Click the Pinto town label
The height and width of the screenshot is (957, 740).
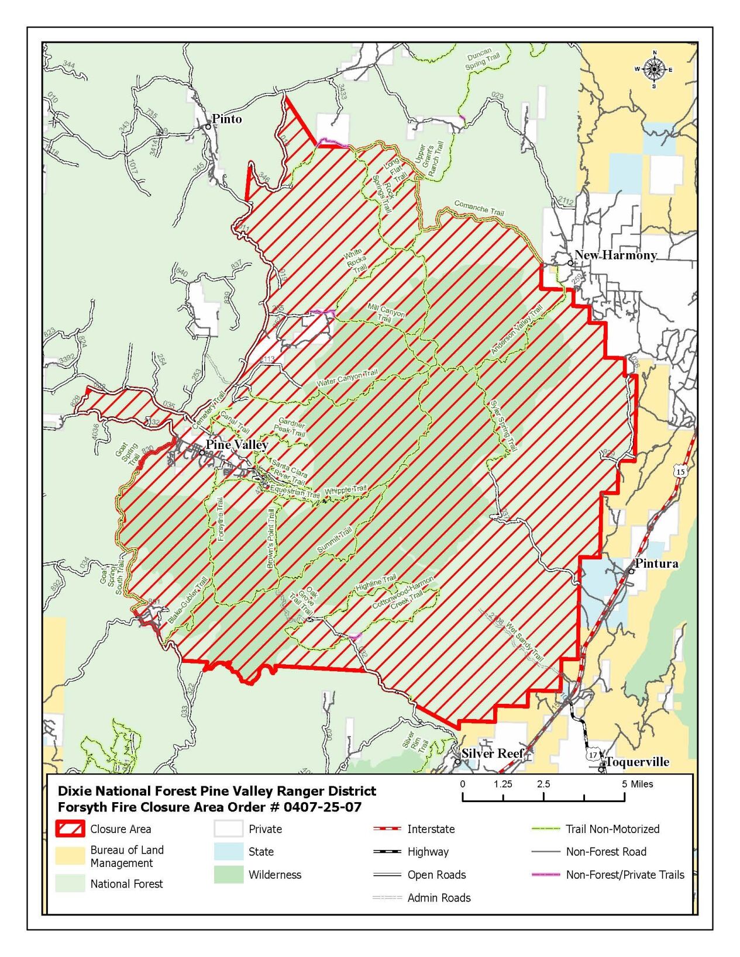pos(226,119)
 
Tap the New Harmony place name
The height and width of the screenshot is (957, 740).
pos(615,255)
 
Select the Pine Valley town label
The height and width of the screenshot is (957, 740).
pos(236,445)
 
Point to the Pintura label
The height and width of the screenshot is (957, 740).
pos(656,564)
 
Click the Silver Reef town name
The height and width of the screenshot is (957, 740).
pos(492,754)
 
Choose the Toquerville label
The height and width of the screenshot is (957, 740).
pos(637,762)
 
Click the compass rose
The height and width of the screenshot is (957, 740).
pos(654,70)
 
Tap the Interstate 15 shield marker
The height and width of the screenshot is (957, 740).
pos(679,471)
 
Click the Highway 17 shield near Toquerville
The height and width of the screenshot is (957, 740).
pos(593,755)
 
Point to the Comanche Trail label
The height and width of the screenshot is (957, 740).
pos(479,208)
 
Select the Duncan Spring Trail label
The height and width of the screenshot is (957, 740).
pos(482,60)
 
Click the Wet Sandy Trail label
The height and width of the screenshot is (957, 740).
pos(525,641)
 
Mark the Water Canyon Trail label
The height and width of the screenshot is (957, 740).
pos(347,378)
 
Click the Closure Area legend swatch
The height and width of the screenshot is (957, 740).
pos(70,829)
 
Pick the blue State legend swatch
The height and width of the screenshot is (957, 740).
pos(228,852)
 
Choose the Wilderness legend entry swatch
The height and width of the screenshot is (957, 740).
pos(228,875)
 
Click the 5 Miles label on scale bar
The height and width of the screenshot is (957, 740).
pos(638,784)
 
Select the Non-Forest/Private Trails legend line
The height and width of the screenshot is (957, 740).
pos(545,875)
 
